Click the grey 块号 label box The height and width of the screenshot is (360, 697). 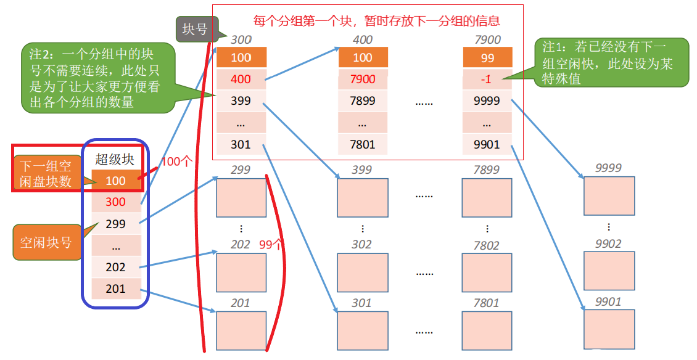[195, 29]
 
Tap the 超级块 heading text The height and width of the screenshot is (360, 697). [114, 159]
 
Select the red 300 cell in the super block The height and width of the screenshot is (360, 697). [115, 202]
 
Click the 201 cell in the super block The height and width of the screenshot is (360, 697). [115, 288]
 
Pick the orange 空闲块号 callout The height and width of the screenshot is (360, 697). [46, 242]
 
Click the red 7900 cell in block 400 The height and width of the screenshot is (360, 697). [363, 80]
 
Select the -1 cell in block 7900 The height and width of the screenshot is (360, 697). [487, 80]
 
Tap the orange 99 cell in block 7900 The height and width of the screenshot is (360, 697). [487, 57]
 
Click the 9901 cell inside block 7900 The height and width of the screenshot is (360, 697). [487, 145]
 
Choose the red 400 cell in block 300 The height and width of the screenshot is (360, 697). [241, 80]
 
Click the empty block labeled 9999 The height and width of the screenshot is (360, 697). [609, 195]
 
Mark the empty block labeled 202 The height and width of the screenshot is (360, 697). [241, 272]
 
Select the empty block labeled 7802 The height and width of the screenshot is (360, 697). [487, 272]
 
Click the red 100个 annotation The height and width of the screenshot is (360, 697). [177, 162]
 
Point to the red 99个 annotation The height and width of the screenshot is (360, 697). [270, 244]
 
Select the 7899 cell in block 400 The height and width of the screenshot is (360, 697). [363, 101]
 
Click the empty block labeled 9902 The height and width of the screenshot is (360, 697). [609, 271]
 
